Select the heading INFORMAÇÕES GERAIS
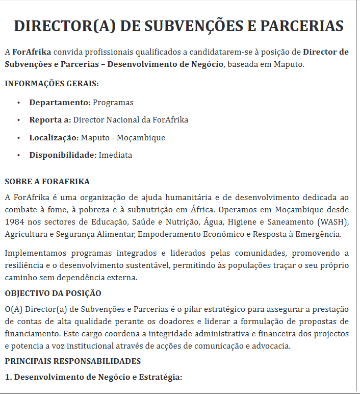(x=52, y=84)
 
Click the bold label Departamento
(x=60, y=103)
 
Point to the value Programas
(x=113, y=103)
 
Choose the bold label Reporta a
(x=50, y=120)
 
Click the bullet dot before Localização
(x=18, y=138)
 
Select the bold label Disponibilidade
(x=63, y=155)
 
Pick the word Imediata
(x=115, y=155)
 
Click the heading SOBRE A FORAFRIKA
(x=47, y=182)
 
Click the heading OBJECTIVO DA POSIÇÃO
(x=53, y=293)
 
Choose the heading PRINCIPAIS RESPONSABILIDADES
(x=72, y=361)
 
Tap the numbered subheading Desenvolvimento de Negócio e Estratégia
(x=97, y=377)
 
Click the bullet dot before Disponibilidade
(x=18, y=155)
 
